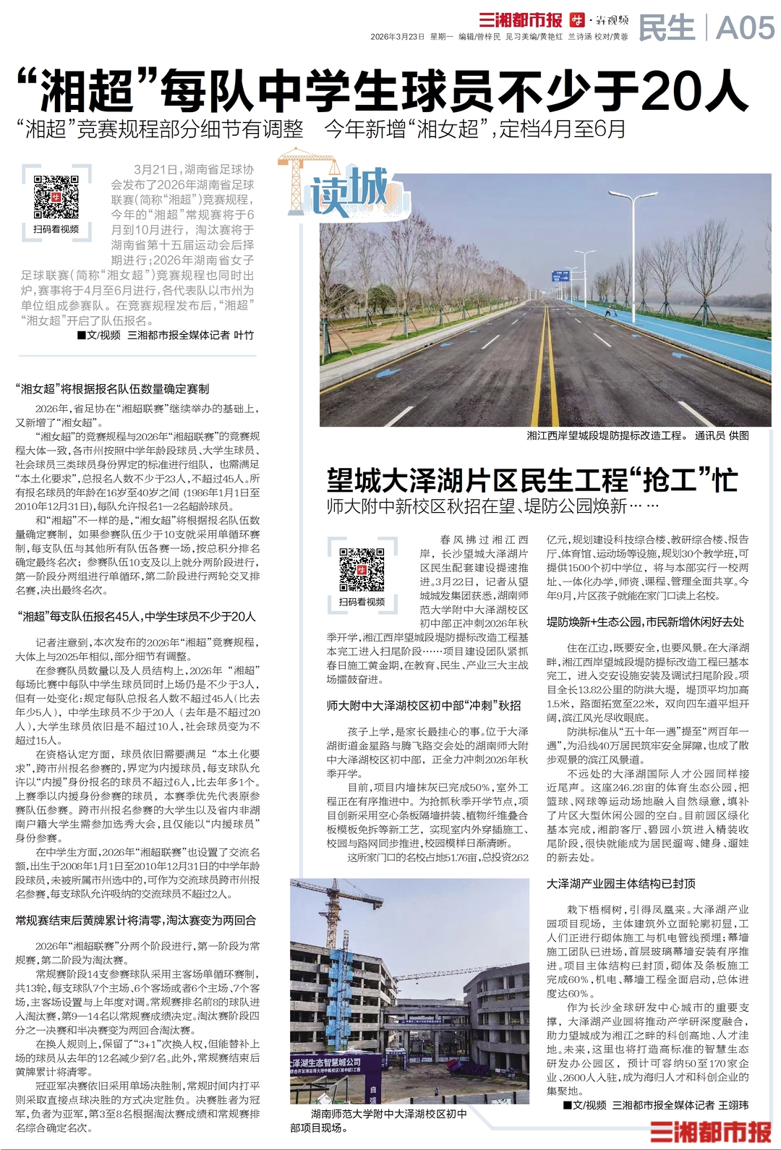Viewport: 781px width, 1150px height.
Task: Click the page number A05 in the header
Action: click(745, 28)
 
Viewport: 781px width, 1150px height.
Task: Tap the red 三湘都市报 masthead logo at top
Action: click(520, 20)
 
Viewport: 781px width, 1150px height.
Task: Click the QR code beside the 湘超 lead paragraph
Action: click(56, 196)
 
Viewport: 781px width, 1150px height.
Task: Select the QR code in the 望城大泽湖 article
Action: click(362, 569)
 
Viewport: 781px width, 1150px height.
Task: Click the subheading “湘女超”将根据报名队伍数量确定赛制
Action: click(112, 389)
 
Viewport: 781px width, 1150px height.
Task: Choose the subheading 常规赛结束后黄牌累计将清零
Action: click(135, 921)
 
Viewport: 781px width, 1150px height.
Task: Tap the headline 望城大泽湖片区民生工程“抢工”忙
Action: click(532, 480)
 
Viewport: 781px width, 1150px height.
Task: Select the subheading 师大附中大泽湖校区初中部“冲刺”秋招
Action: click(423, 705)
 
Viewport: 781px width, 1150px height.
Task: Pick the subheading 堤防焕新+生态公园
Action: click(645, 622)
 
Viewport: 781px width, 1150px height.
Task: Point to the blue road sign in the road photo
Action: click(560, 276)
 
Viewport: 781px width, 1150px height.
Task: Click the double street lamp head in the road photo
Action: click(633, 195)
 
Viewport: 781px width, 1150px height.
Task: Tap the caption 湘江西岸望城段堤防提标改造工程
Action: click(605, 435)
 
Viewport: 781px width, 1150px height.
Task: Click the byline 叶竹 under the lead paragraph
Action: click(244, 335)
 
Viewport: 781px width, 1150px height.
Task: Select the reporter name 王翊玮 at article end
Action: click(733, 1105)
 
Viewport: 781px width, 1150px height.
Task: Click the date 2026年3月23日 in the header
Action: click(397, 36)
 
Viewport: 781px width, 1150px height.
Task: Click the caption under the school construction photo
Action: click(379, 1120)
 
